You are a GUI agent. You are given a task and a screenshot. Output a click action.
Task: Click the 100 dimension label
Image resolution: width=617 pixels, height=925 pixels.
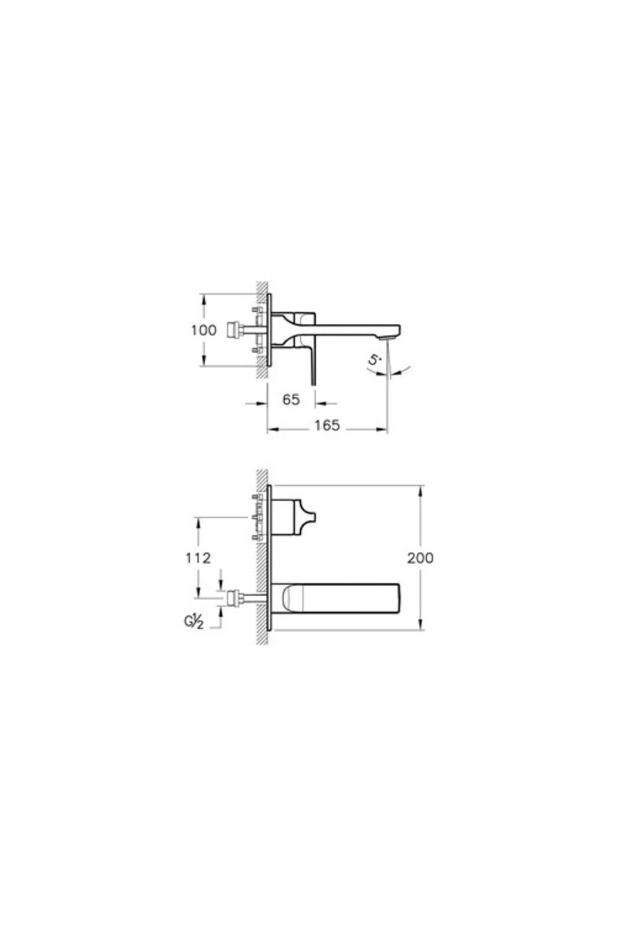pyautogui.click(x=204, y=330)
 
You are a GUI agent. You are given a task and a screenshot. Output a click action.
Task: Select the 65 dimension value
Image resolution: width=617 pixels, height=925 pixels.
pyautogui.click(x=291, y=399)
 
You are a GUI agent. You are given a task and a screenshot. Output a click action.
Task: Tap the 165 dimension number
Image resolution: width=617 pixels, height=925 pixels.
pyautogui.click(x=328, y=425)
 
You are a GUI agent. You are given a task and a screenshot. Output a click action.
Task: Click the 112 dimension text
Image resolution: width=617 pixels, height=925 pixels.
pyautogui.click(x=198, y=558)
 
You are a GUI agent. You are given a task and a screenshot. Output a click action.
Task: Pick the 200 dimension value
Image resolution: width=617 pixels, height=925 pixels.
pyautogui.click(x=421, y=558)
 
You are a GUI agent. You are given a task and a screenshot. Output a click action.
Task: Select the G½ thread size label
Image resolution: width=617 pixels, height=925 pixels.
pyautogui.click(x=194, y=622)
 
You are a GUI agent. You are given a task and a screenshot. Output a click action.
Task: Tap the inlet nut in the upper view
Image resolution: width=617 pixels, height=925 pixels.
pyautogui.click(x=234, y=329)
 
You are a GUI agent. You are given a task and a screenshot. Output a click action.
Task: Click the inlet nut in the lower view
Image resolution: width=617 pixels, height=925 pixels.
pyautogui.click(x=234, y=598)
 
